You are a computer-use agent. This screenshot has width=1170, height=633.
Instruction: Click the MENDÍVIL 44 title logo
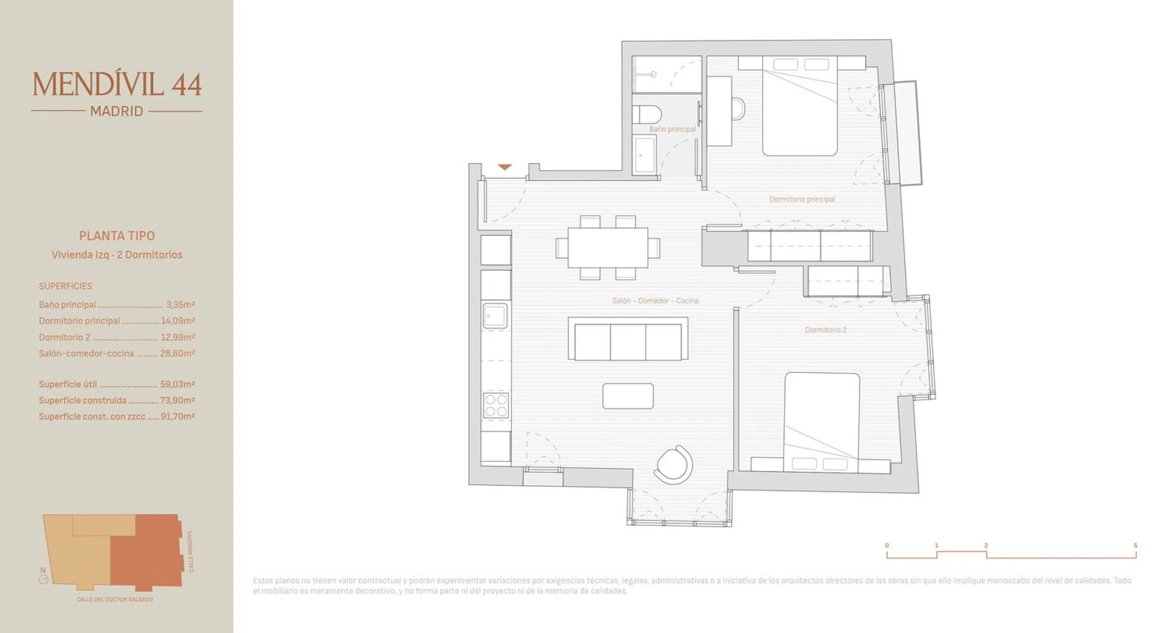(117, 84)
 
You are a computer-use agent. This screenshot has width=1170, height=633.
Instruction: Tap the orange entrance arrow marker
(505, 167)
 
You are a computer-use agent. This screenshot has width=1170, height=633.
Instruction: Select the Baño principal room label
(672, 129)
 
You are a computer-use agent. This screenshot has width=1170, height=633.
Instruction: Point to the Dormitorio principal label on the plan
(802, 199)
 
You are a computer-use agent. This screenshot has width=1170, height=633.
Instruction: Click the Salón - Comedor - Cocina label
(655, 300)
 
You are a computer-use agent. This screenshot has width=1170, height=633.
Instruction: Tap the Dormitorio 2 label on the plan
(826, 330)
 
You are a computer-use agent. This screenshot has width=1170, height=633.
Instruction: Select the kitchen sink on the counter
(495, 315)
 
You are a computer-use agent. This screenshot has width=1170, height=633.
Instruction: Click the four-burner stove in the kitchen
(496, 405)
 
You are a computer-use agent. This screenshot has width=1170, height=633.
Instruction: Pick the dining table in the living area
(608, 247)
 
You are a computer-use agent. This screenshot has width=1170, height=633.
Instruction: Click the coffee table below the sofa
(628, 396)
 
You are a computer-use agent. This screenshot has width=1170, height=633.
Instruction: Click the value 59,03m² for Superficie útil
(178, 384)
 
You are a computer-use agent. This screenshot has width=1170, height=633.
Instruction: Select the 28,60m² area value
(178, 353)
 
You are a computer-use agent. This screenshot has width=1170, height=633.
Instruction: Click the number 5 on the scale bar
(1135, 545)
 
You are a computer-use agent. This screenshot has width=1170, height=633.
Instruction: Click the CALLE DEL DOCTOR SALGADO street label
(115, 599)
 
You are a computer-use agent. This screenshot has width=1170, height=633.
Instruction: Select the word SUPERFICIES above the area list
(65, 286)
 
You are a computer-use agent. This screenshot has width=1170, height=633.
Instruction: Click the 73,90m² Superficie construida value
(178, 400)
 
